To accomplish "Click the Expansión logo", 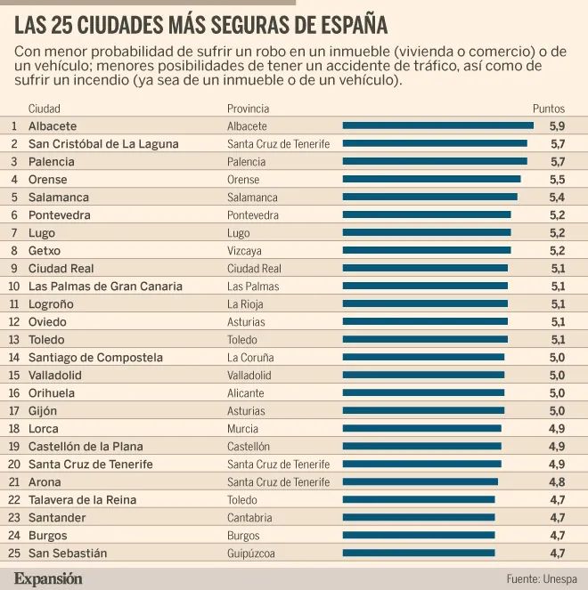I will click(x=48, y=578).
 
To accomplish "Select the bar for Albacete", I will click(x=437, y=126).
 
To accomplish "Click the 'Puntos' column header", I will click(x=549, y=109).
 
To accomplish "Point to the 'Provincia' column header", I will click(x=248, y=109).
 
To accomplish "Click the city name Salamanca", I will click(x=58, y=198).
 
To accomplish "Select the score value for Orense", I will click(x=558, y=180).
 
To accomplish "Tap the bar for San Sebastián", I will click(x=419, y=554).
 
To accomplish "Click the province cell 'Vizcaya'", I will click(x=245, y=251).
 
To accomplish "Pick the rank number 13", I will click(x=13, y=340).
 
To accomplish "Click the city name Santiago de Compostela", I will click(x=95, y=358).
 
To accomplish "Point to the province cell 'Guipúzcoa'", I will click(x=251, y=554).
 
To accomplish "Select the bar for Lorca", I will click(x=421, y=429).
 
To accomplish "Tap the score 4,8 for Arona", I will click(x=558, y=482).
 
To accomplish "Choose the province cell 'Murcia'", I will click(x=243, y=429).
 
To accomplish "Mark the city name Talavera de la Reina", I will click(x=82, y=500).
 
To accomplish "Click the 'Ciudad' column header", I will click(x=45, y=109).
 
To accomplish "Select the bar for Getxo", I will click(x=427, y=251).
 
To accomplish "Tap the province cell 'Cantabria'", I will click(x=249, y=518).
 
